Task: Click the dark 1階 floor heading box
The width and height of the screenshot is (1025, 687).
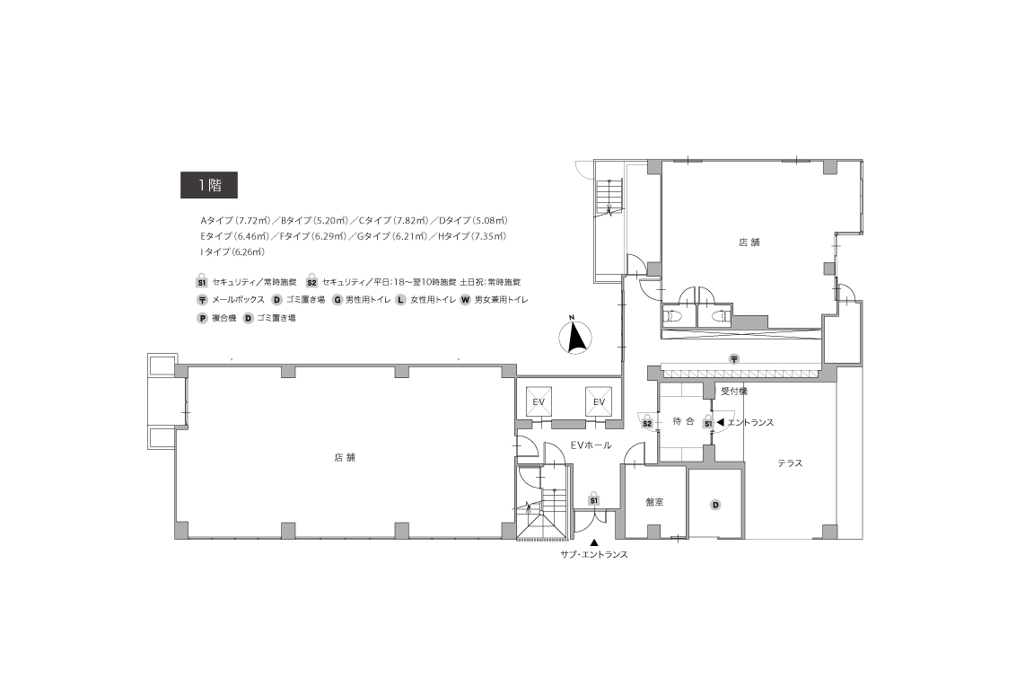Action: coord(208,185)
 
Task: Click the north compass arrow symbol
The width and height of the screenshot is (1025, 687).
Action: coord(575,338)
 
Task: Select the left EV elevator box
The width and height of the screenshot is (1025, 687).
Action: coord(539,401)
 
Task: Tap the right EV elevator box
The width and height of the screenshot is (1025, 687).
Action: coord(599,401)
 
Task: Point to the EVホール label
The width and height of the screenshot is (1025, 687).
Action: coord(591,445)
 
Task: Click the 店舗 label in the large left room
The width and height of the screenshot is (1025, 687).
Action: coord(345,457)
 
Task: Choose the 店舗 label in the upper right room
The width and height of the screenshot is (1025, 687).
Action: coord(749,242)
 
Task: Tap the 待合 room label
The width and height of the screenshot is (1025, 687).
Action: coord(683,421)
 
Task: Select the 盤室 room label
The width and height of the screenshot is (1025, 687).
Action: coord(654,502)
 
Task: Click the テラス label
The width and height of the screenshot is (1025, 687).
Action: coord(790,463)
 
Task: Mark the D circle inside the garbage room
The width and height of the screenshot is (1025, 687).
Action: coord(716,505)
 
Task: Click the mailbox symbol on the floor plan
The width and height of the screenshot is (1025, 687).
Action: coord(734,358)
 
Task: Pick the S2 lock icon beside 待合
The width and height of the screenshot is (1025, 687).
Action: coord(646,422)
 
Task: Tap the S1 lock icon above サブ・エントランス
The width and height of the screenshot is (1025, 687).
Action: coord(593,499)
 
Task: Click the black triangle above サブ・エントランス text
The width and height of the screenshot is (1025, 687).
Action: coord(593,542)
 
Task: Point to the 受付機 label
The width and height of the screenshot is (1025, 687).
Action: coord(734,392)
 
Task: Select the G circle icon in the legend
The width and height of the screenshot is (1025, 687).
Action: coord(337,300)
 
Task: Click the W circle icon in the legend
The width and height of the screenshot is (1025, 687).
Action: coord(466,300)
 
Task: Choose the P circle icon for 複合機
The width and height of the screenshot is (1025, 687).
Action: coord(203,318)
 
